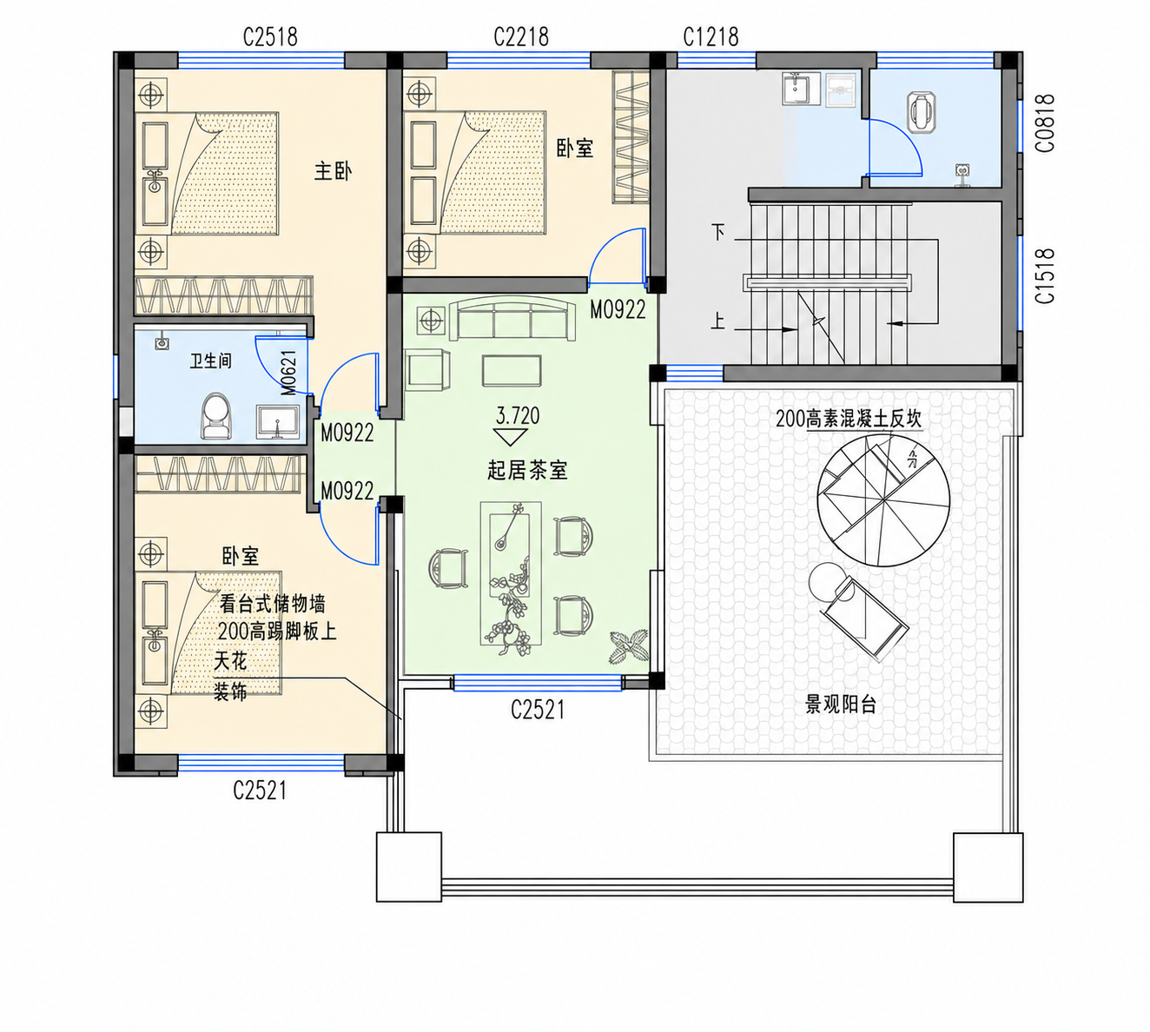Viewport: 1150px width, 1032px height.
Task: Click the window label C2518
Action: click(270, 36)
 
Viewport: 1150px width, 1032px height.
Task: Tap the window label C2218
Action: click(521, 36)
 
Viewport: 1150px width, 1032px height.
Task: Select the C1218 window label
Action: click(710, 36)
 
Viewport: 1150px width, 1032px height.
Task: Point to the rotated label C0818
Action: click(1045, 123)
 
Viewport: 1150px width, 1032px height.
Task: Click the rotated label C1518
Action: click(1045, 276)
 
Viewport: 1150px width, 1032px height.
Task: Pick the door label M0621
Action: click(288, 373)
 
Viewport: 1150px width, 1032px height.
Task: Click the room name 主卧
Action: click(334, 171)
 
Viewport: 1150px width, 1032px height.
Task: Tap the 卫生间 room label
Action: click(210, 361)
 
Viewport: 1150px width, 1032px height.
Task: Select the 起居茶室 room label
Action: click(527, 470)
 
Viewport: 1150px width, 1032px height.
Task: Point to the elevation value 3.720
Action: click(518, 415)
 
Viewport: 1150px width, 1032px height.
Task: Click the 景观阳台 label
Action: click(841, 705)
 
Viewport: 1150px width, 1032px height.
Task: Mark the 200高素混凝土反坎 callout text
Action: click(849, 419)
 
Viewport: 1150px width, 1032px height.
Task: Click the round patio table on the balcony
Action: click(827, 581)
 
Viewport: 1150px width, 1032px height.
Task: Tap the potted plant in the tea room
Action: click(628, 645)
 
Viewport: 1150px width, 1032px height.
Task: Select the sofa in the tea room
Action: click(512, 321)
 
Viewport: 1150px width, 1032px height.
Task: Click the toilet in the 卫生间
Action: click(217, 416)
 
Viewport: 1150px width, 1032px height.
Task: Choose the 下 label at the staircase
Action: click(718, 232)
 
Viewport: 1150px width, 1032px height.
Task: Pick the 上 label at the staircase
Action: click(717, 321)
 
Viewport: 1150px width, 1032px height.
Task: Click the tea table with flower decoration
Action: click(511, 573)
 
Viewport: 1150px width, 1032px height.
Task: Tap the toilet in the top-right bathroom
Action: click(921, 112)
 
